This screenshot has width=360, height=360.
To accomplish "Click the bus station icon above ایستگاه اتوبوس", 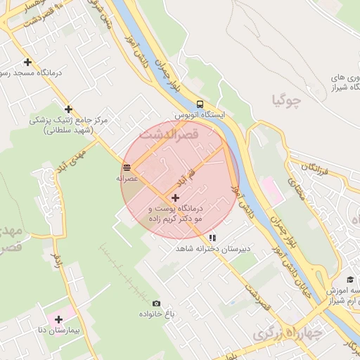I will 200,102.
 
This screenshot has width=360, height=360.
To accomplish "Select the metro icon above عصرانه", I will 127,167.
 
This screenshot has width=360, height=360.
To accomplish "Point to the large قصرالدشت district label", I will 169,133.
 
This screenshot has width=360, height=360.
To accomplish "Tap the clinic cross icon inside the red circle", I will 175,198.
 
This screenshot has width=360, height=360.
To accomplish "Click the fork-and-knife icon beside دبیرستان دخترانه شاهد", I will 212,238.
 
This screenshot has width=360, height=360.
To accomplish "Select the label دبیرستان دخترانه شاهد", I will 211,250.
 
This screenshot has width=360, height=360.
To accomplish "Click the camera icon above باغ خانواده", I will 156,303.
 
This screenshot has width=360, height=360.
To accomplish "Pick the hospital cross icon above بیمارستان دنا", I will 58,320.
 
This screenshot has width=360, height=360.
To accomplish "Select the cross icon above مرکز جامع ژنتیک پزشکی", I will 68,109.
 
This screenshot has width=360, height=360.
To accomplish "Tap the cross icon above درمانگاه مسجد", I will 27,62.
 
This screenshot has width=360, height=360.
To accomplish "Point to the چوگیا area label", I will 286,100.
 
